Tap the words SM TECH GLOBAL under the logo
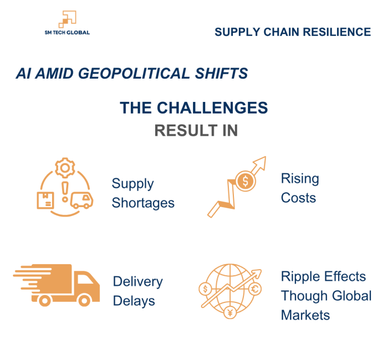coord(67,33)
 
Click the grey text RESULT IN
coord(196,131)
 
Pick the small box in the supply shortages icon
coord(45,200)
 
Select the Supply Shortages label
coord(142,193)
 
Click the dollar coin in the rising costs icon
coord(244,181)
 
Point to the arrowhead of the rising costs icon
coord(260,162)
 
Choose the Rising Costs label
coord(300,188)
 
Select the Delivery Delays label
coord(137,291)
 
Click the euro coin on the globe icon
coord(256,288)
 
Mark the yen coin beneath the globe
coord(230,313)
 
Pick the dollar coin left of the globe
coord(205,289)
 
